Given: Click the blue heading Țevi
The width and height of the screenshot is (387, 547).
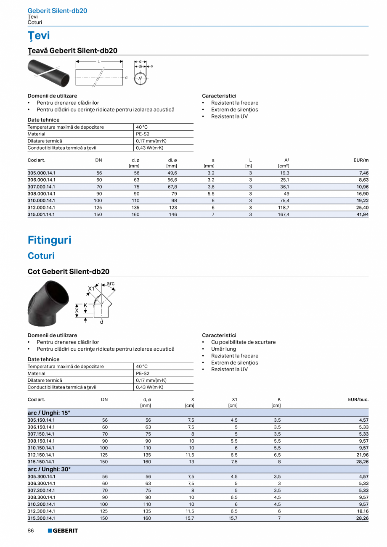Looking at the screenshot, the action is pyautogui.click(x=39, y=36).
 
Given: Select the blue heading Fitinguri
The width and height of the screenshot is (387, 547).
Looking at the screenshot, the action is pyautogui.click(x=49, y=240).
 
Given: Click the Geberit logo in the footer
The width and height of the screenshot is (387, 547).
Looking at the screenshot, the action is pyautogui.click(x=63, y=531).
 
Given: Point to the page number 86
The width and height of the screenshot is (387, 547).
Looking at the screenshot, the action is pyautogui.click(x=31, y=531).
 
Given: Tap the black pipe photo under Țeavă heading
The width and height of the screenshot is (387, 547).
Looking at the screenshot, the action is pyautogui.click(x=48, y=72).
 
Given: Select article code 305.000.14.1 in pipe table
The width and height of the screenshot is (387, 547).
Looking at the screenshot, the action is pyautogui.click(x=41, y=173).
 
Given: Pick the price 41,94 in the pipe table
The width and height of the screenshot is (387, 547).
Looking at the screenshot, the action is pyautogui.click(x=362, y=214).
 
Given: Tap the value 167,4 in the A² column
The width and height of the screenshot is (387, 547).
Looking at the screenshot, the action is pyautogui.click(x=284, y=214).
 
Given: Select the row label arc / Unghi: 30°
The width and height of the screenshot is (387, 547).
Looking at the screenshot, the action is pyautogui.click(x=49, y=469).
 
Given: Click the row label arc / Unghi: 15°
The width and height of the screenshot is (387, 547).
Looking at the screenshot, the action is pyautogui.click(x=49, y=413).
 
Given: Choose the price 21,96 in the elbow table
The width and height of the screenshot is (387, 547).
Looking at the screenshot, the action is pyautogui.click(x=362, y=455).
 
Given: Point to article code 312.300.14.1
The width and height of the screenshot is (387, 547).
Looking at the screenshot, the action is pyautogui.click(x=41, y=511).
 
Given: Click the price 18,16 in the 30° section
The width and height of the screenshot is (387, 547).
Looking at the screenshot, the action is pyautogui.click(x=362, y=511).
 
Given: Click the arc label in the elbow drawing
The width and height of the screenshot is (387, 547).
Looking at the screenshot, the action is pyautogui.click(x=110, y=284).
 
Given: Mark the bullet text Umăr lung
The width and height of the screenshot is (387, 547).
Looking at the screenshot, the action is pyautogui.click(x=223, y=349).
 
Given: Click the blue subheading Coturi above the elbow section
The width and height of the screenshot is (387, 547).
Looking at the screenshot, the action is pyautogui.click(x=41, y=256).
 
